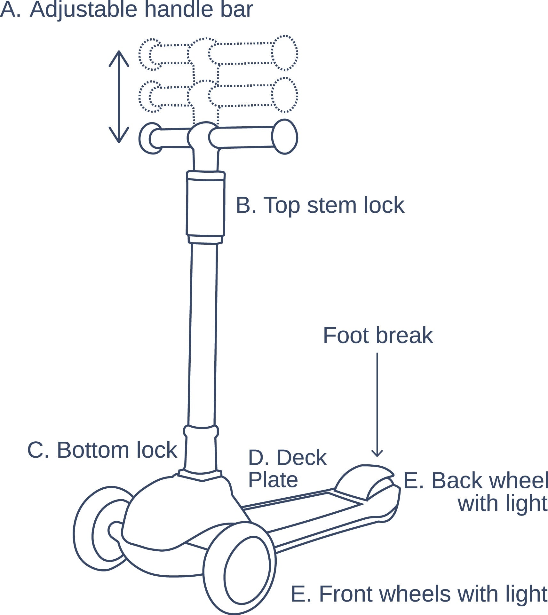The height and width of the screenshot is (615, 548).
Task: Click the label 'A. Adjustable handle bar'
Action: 126,10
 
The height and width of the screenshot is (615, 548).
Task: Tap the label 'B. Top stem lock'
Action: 320,205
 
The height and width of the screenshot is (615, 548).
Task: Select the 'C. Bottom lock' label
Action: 102,450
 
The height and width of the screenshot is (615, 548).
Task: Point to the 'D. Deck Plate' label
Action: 287,468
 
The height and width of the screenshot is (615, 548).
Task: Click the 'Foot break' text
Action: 378,335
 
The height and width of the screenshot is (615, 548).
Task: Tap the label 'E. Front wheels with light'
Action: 419,594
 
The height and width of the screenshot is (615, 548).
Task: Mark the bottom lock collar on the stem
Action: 201,432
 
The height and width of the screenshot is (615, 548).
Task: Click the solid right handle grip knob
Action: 284,137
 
